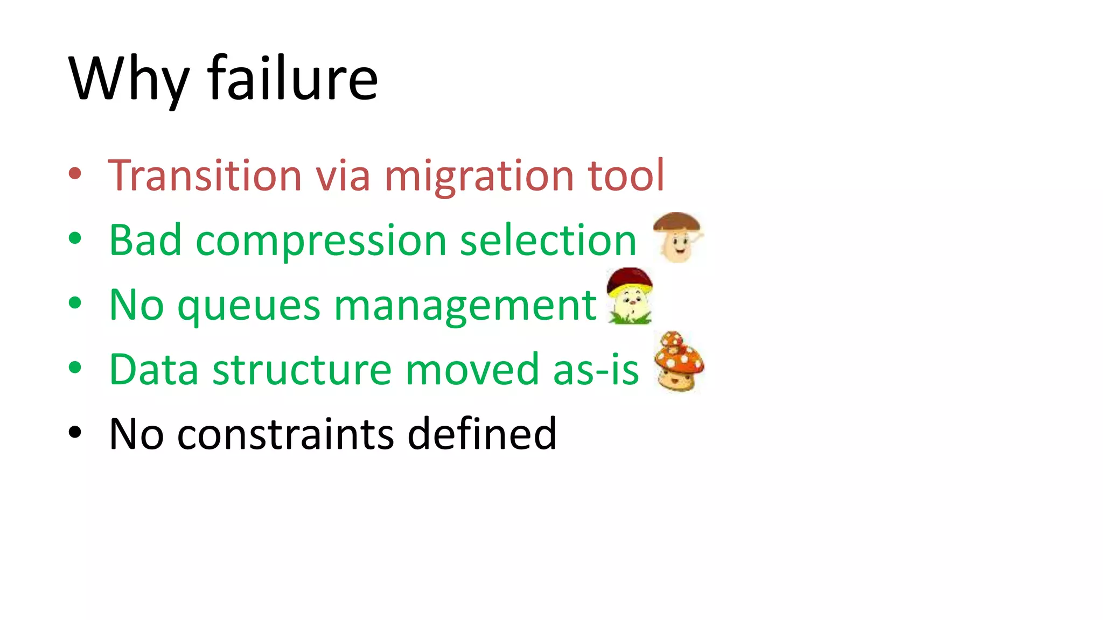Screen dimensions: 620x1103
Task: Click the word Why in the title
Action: pos(129,80)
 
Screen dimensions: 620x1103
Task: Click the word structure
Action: pos(302,370)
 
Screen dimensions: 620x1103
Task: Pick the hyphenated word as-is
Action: pos(596,370)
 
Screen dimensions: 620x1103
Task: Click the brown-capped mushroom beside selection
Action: pos(678,237)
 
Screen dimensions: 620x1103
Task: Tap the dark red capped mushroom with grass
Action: pos(630,296)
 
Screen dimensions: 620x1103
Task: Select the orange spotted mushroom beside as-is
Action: pos(679,362)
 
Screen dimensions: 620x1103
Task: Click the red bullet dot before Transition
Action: pos(75,174)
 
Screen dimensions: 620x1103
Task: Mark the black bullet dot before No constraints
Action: pos(75,432)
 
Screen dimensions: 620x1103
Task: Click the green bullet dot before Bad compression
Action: pos(75,238)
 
